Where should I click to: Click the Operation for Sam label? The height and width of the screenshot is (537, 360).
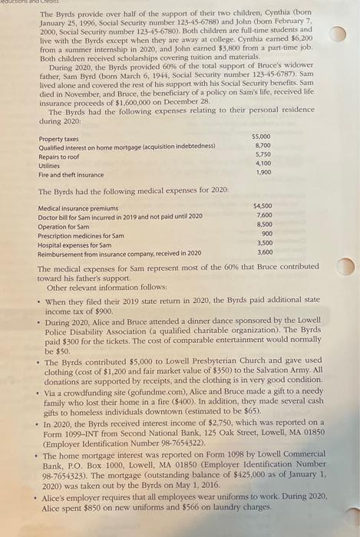(x=63, y=226)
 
